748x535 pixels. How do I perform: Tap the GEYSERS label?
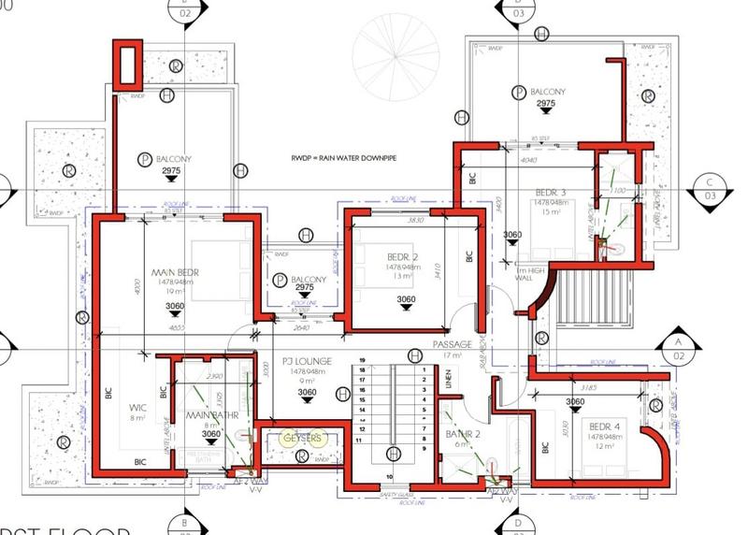[x=303, y=438]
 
